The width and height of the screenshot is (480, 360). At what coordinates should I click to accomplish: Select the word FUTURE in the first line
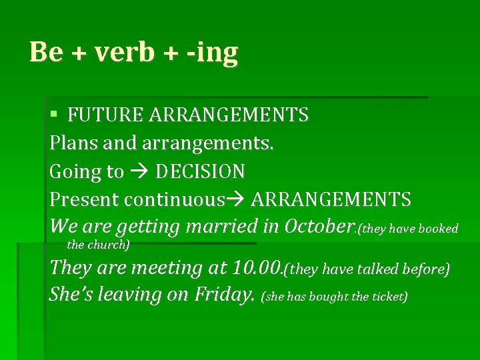tap(105, 115)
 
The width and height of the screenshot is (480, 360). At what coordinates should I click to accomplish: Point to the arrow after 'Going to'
tap(139, 172)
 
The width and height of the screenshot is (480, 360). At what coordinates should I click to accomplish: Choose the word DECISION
tap(200, 171)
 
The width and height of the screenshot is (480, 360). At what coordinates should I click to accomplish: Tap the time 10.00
tap(257, 268)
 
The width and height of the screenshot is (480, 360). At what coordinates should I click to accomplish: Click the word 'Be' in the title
tap(45, 52)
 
